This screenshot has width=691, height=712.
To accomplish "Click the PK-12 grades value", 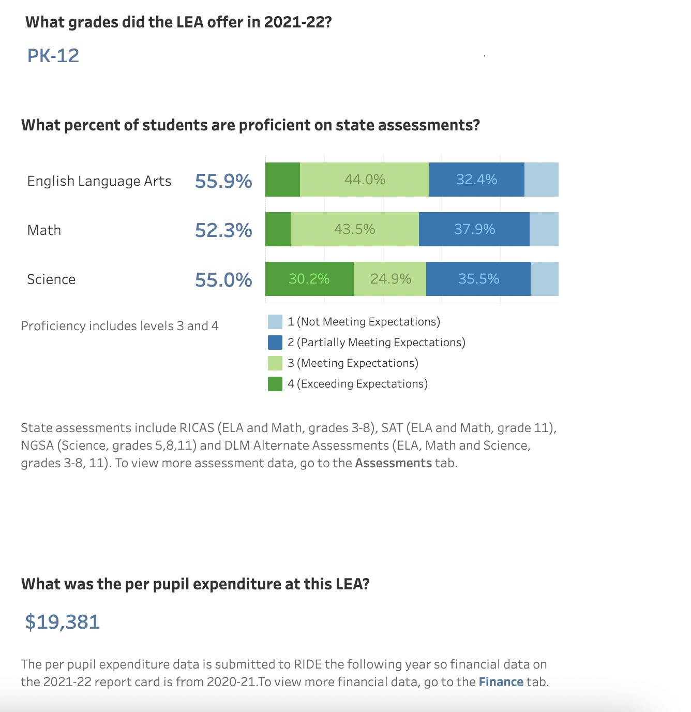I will [53, 56].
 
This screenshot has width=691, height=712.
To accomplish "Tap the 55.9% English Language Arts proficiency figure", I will [223, 181].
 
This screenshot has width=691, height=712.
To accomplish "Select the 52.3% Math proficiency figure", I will [223, 230].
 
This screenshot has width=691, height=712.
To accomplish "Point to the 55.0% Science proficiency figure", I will [223, 280].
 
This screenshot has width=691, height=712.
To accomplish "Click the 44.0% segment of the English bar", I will [365, 180].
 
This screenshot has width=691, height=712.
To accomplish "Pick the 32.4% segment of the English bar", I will [476, 180].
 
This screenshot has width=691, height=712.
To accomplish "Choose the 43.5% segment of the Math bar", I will [354, 229].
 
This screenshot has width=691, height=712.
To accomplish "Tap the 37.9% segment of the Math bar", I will [474, 229].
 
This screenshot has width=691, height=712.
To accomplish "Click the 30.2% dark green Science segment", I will [309, 279].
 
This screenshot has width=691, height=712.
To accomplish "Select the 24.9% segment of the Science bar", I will [390, 279].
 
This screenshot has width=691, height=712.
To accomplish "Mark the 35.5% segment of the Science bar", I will [478, 279].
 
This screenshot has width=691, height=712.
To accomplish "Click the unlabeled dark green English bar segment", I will [282, 180].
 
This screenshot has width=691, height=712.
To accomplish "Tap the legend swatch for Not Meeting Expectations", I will [275, 322].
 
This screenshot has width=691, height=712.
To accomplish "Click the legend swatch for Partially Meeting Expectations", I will [275, 343].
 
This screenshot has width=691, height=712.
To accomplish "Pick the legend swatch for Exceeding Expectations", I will [275, 384].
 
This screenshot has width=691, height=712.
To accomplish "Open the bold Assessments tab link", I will [393, 463].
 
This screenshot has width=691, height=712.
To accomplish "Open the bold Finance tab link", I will [501, 682].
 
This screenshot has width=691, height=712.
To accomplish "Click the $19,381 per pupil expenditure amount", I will [63, 621].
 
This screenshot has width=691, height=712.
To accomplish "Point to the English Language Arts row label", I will [99, 181].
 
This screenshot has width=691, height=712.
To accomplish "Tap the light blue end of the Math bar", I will [544, 229].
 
